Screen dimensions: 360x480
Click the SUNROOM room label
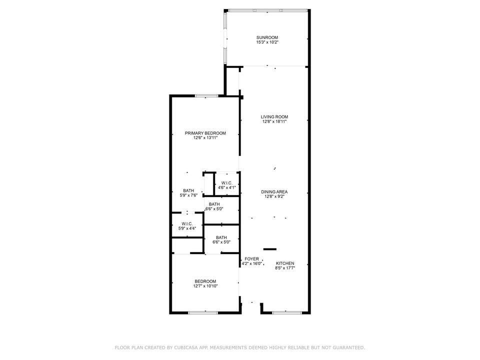(x=267, y=37)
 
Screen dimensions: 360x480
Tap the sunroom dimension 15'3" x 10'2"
(x=267, y=42)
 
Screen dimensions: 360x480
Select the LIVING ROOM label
(x=274, y=116)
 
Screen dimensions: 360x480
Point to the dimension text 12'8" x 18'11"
(x=274, y=121)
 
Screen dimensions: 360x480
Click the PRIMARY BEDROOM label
(x=205, y=133)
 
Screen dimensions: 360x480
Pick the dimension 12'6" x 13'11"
(x=205, y=138)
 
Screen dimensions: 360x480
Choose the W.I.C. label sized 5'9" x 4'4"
(x=187, y=223)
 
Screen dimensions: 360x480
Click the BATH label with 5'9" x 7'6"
(x=188, y=190)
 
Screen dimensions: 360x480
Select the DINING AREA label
(x=274, y=191)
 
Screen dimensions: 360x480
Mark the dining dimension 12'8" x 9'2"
(x=274, y=196)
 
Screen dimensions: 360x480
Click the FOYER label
(x=252, y=258)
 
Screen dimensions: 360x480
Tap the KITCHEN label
(x=285, y=263)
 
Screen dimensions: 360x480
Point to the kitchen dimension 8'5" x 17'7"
(x=285, y=268)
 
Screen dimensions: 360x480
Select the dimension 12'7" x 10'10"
(x=205, y=286)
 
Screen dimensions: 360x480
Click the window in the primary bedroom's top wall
(x=205, y=95)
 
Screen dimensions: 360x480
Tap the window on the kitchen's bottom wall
(x=287, y=312)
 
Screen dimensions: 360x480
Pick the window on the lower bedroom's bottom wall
(x=203, y=312)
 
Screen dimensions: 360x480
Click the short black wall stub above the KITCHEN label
(x=270, y=248)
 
